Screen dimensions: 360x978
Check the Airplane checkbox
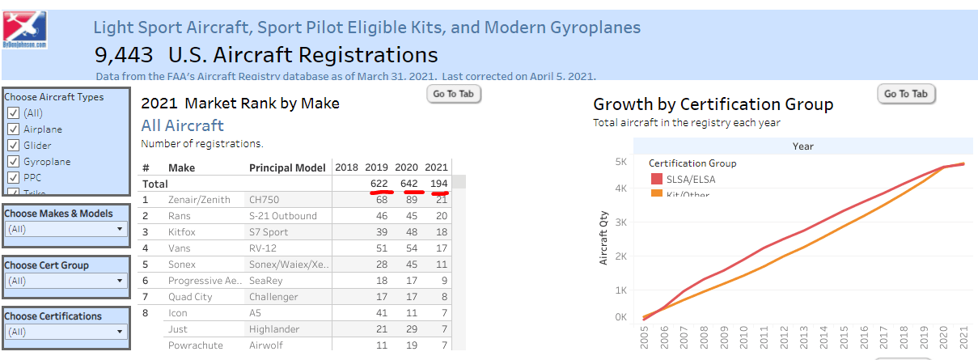13,129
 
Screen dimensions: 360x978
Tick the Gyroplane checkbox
13,162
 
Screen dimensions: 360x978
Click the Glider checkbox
13,146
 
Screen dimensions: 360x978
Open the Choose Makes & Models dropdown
66,229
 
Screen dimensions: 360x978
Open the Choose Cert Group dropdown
66,281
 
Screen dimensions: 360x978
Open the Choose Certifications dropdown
66,332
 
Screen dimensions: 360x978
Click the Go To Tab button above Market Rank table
454,94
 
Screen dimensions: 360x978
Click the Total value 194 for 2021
438,184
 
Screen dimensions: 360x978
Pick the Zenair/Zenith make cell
199,200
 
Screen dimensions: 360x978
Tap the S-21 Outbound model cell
283,216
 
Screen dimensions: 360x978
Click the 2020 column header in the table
409,167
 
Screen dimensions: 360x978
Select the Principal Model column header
286,167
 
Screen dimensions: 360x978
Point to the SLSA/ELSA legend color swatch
656,179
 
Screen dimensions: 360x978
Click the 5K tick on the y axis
620,162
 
